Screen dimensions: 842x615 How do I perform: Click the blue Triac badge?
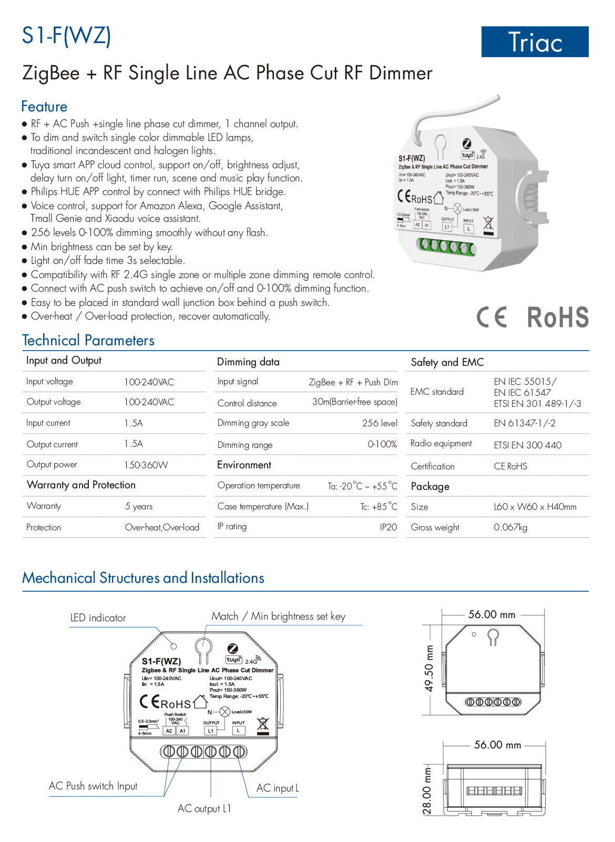[535, 42]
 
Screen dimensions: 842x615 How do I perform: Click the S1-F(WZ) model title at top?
[66, 36]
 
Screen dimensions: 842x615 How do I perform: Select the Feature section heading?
[44, 107]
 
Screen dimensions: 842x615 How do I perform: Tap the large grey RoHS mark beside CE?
[558, 317]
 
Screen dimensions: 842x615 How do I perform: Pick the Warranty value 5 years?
[139, 507]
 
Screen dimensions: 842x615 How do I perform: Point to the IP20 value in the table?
[388, 527]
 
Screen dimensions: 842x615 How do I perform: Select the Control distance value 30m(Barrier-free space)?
[355, 402]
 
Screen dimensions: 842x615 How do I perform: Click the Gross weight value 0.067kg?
[510, 528]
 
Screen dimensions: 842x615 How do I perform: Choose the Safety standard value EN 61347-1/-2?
[525, 424]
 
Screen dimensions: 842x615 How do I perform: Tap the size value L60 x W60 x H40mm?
[535, 507]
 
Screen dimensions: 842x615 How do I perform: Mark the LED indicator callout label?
[98, 618]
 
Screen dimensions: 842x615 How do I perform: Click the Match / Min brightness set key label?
[279, 617]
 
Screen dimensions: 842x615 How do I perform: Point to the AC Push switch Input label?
[93, 786]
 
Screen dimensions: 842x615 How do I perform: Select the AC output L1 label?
[204, 809]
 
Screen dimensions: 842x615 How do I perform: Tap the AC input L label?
[278, 788]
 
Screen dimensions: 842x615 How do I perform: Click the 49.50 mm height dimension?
[429, 669]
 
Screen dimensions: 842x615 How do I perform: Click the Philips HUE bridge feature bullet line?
[158, 192]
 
